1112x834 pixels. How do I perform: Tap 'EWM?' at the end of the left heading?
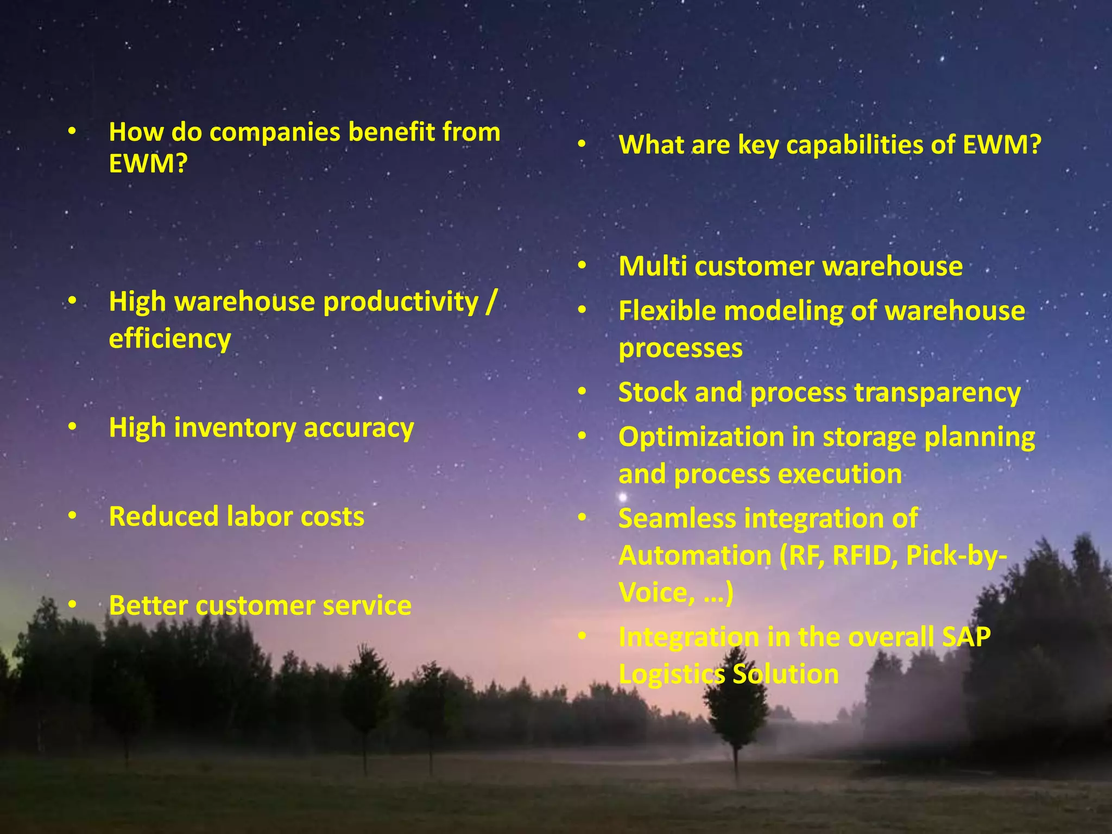coord(148,163)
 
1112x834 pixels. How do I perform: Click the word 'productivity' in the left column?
coord(401,302)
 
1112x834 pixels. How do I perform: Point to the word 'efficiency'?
coord(169,339)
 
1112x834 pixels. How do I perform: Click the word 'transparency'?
coord(937,393)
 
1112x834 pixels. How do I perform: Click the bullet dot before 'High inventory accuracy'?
coord(72,428)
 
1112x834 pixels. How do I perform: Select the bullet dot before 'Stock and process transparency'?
coord(582,392)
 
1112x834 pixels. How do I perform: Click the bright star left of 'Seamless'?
coord(623,497)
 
